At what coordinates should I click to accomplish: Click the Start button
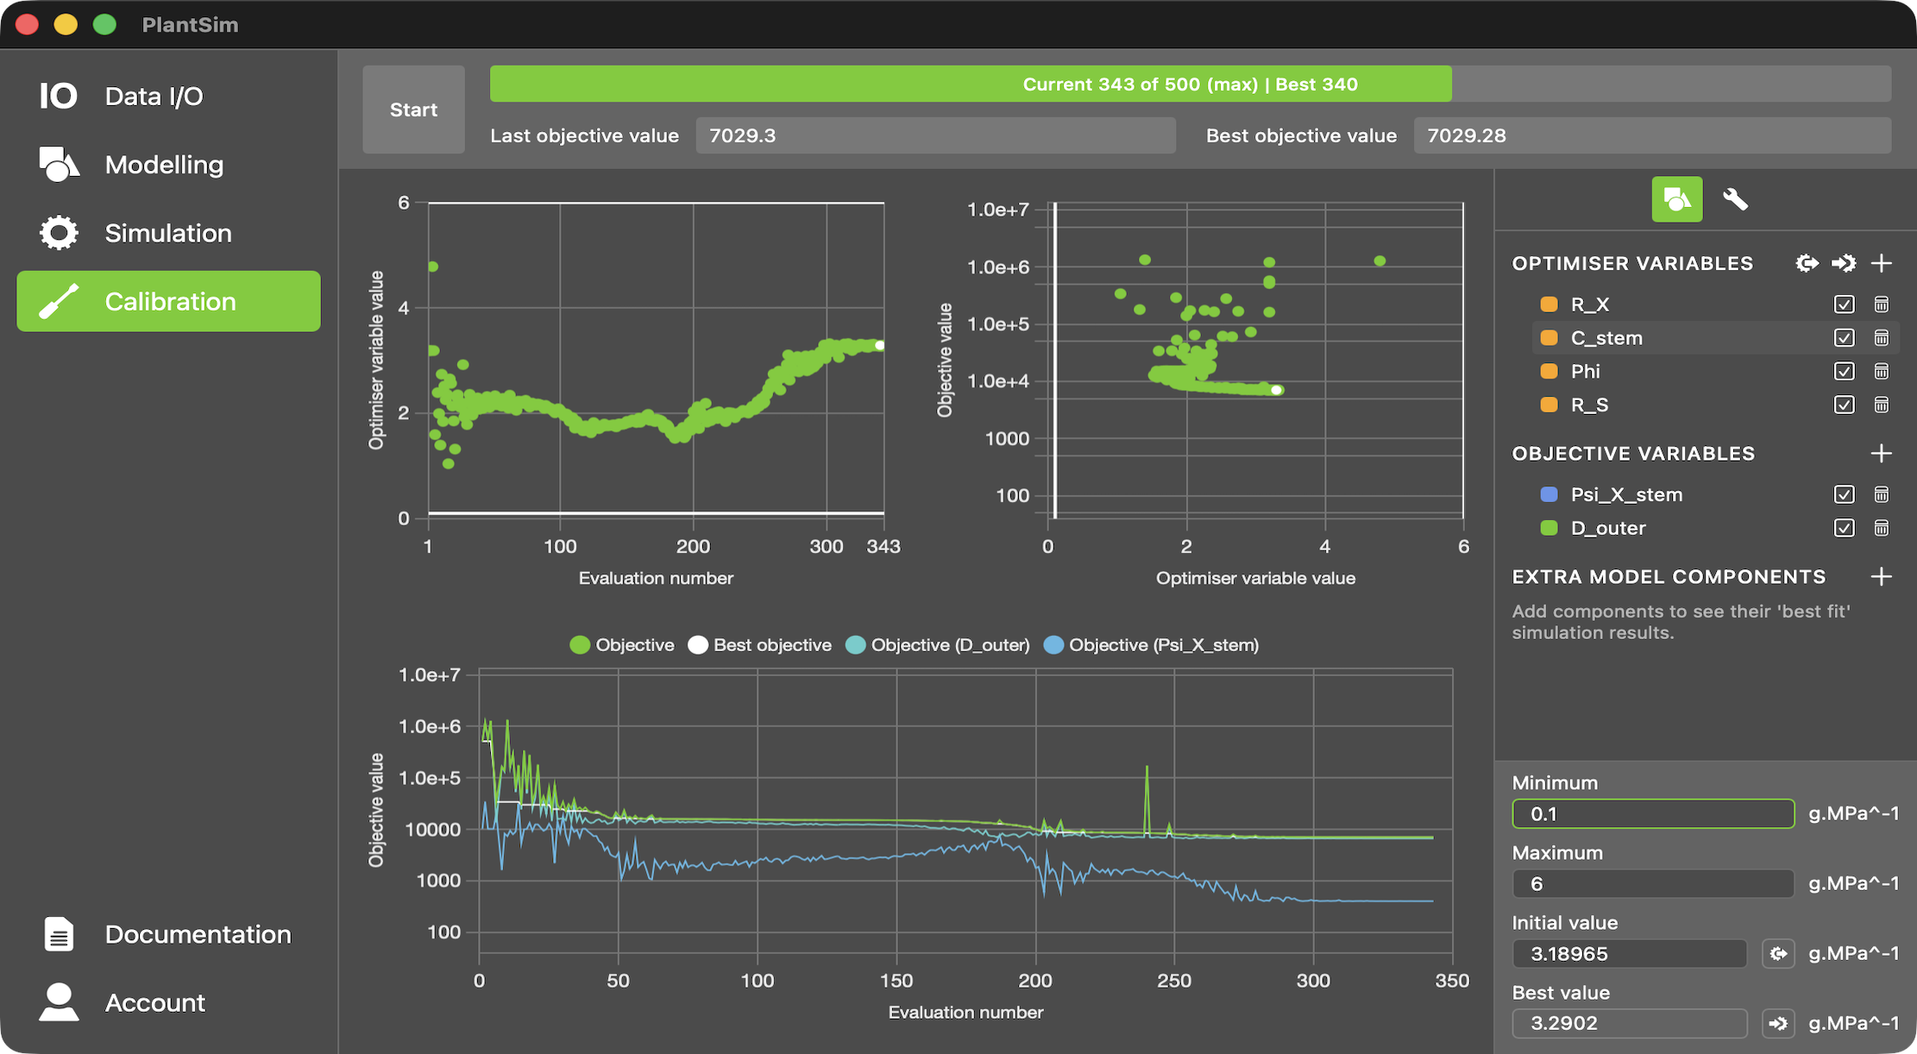click(x=413, y=110)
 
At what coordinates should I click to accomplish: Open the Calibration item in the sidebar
click(x=169, y=301)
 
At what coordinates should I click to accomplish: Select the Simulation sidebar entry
click(x=167, y=233)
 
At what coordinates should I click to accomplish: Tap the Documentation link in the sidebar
click(x=197, y=934)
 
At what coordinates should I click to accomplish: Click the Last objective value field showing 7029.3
click(x=935, y=135)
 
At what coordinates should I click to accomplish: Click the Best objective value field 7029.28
click(x=1651, y=135)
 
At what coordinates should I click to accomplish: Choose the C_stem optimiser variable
click(x=1606, y=338)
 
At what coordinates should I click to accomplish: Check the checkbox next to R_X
click(x=1844, y=304)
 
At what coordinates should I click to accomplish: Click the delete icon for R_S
click(x=1882, y=405)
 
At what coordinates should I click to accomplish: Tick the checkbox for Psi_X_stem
click(x=1844, y=494)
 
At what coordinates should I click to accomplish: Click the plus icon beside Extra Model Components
click(x=1882, y=576)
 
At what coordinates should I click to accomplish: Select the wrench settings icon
click(x=1735, y=199)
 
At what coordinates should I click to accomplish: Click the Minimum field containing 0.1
click(x=1652, y=813)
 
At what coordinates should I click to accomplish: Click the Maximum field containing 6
click(x=1652, y=883)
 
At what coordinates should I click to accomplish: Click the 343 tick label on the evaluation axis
click(x=883, y=546)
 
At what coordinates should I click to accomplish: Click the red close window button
click(x=28, y=24)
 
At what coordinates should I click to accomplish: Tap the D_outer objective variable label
click(x=1607, y=528)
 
